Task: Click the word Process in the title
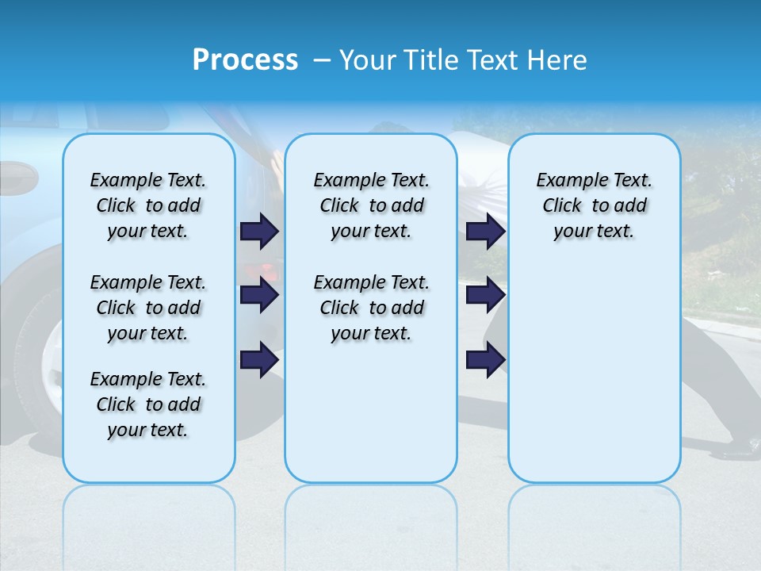pyautogui.click(x=245, y=60)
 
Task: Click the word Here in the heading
pyautogui.click(x=556, y=60)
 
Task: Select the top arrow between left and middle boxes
pyautogui.click(x=259, y=231)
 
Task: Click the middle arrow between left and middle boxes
pyautogui.click(x=259, y=296)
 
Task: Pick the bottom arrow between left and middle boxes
pyautogui.click(x=259, y=360)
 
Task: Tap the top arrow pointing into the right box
pyautogui.click(x=485, y=231)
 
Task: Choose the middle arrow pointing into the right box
pyautogui.click(x=485, y=296)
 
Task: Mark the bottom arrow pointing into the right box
pyautogui.click(x=485, y=360)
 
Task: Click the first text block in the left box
pyautogui.click(x=148, y=205)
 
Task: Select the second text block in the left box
pyautogui.click(x=148, y=308)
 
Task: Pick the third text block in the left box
pyautogui.click(x=148, y=404)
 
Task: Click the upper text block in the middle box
pyautogui.click(x=371, y=205)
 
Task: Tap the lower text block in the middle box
pyautogui.click(x=371, y=308)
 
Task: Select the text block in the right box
pyautogui.click(x=594, y=205)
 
